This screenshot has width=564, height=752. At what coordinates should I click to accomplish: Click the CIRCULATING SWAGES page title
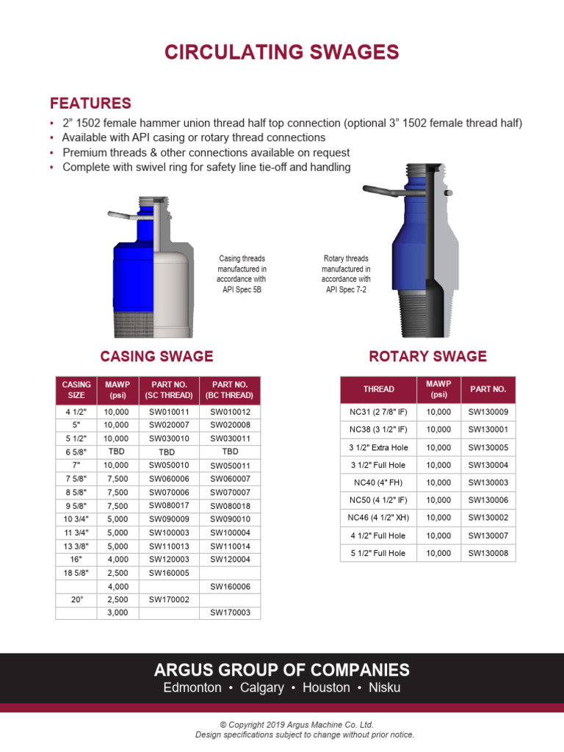coord(282,52)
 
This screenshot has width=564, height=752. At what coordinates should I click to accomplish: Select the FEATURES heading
coord(90,103)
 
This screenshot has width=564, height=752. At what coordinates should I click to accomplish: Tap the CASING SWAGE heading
coord(156,356)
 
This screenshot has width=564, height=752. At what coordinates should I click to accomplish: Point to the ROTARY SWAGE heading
coord(427,356)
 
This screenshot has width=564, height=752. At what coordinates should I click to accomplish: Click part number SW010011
coord(169,413)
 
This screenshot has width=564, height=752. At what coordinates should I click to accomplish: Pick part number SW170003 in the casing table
coord(230,612)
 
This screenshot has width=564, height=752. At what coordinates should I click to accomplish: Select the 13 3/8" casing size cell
coord(76,546)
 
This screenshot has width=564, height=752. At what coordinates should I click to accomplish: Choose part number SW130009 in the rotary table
coord(488,413)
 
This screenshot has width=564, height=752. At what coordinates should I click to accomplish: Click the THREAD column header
coord(378,389)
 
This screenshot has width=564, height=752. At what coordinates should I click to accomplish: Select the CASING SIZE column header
coord(76,389)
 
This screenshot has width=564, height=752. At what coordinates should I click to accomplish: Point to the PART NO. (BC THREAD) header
coord(230,389)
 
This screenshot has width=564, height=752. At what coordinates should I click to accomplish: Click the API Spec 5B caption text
coord(242,289)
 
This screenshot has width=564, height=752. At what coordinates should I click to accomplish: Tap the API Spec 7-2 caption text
coord(346,289)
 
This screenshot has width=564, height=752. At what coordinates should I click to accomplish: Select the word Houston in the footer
coord(326,688)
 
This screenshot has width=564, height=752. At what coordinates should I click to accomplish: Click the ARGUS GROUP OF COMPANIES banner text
coord(282,670)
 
